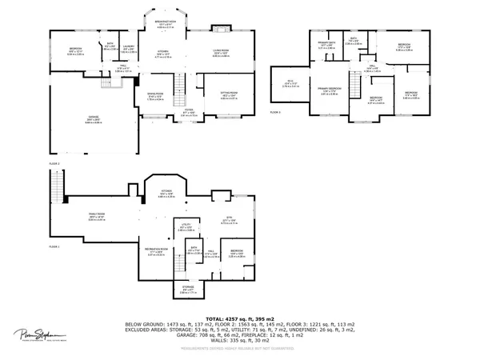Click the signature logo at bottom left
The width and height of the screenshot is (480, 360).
[32, 334]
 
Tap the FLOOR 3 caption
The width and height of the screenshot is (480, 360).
[274, 112]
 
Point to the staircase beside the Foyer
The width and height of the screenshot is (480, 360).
[178, 86]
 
